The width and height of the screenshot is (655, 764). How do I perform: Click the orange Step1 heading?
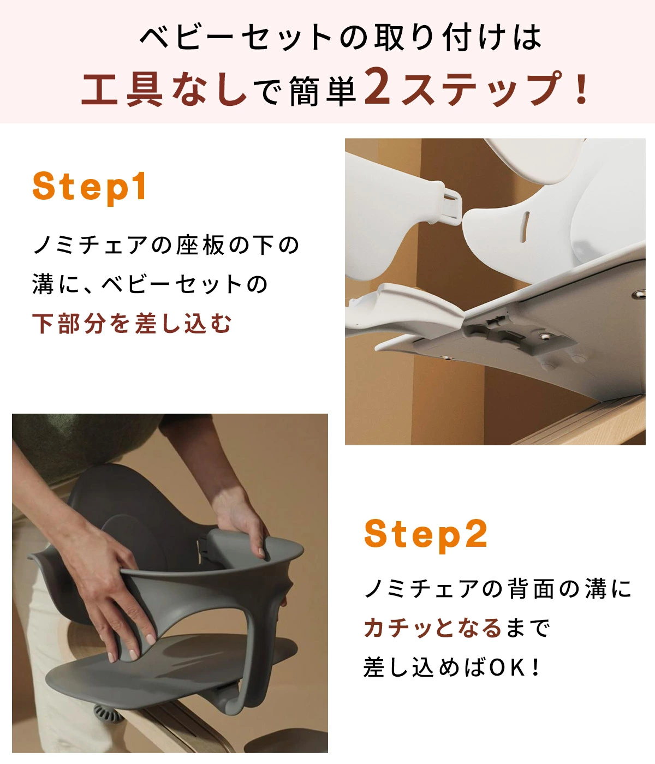click(90, 187)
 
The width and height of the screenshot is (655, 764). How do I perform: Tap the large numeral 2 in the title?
click(378, 87)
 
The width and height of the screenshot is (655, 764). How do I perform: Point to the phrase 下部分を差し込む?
click(132, 323)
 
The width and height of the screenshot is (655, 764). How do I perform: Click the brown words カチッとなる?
click(432, 628)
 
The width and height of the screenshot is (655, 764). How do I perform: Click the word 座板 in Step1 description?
click(200, 245)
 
